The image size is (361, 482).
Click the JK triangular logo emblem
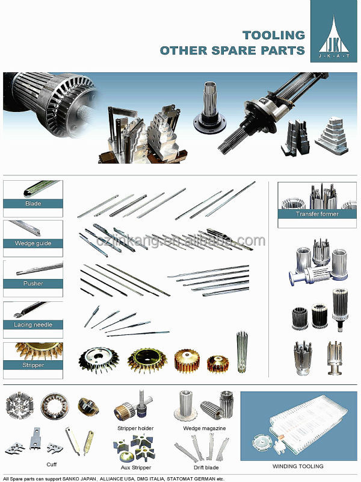coord(334,36)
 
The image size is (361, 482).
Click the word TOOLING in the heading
coord(274,35)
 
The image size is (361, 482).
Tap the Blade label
coord(33,204)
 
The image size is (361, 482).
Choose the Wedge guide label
coord(33,243)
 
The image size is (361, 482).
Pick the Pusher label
coord(33,283)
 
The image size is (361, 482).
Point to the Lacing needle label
coord(33,325)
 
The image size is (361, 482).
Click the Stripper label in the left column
coord(33,365)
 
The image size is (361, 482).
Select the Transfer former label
coord(317,214)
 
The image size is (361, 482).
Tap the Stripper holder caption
coord(135,428)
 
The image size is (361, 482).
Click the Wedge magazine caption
coord(205,428)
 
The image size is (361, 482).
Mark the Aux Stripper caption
coord(136,468)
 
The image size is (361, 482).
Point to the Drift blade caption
coord(206,468)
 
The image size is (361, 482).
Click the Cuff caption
coord(52,465)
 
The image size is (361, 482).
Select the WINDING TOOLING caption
coord(298,466)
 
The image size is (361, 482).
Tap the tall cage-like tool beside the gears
coord(242,352)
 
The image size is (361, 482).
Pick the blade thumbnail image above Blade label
coord(42,188)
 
